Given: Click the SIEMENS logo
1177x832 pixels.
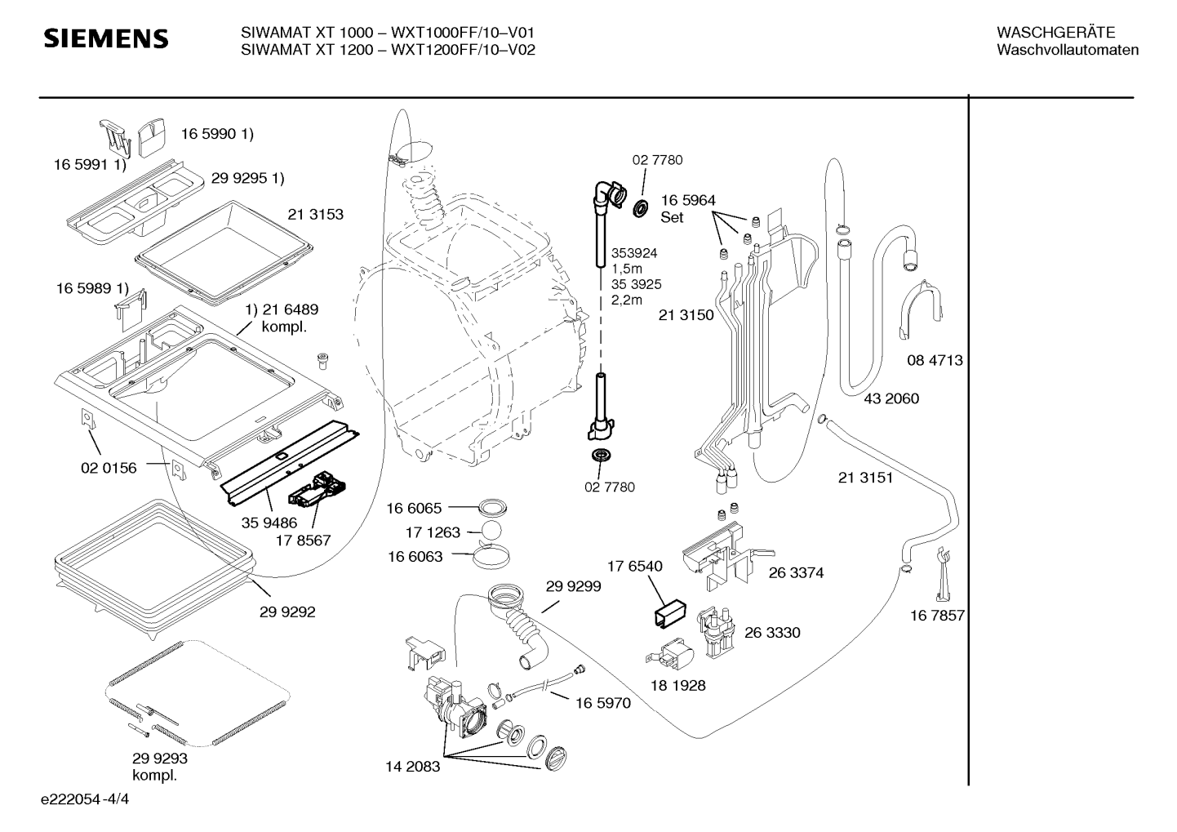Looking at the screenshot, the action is (106, 39).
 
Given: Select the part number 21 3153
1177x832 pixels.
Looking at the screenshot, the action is (315, 215).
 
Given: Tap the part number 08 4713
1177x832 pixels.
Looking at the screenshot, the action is (935, 361).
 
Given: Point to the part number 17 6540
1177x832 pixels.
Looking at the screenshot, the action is (635, 566).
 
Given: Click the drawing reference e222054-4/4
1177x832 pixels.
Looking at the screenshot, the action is (85, 799).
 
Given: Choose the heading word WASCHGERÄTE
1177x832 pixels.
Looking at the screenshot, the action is (1055, 33).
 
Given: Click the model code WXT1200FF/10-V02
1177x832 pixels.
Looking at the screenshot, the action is (463, 50).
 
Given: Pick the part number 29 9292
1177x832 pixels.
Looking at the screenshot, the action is (287, 612).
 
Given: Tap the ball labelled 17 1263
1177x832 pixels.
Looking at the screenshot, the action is (491, 531).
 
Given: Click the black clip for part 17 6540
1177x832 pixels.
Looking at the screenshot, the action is (671, 612).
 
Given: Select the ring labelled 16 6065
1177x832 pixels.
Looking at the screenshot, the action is (492, 508).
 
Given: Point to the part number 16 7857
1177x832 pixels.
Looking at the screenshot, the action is (937, 616).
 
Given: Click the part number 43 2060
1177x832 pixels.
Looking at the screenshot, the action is (891, 398).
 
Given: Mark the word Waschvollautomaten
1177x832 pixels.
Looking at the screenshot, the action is (1068, 50).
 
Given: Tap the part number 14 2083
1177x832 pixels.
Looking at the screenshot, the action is (412, 767).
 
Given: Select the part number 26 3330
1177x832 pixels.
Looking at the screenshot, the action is (772, 632).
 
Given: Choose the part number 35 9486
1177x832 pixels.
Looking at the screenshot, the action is (269, 523).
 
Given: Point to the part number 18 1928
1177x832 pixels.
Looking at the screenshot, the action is (677, 685).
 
